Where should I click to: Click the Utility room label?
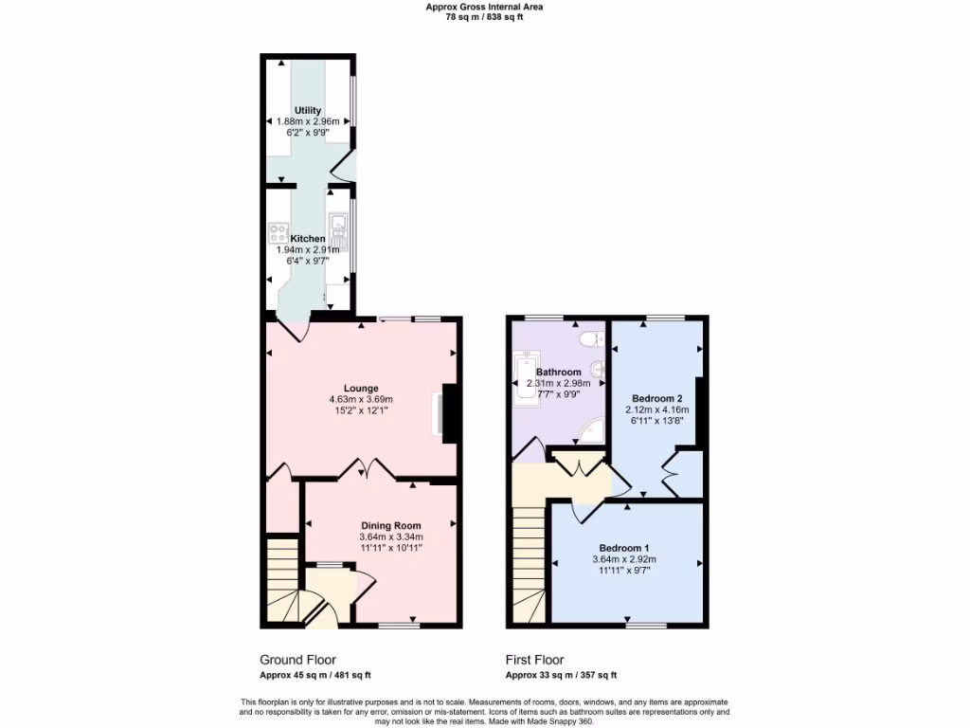pyautogui.click(x=308, y=111)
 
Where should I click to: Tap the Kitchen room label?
pyautogui.click(x=308, y=239)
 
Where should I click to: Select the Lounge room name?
pyautogui.click(x=361, y=388)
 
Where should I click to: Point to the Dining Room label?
pyautogui.click(x=390, y=525)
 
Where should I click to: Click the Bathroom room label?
pyautogui.click(x=558, y=372)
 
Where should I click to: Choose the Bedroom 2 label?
pyautogui.click(x=656, y=398)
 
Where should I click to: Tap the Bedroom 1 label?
pyautogui.click(x=623, y=548)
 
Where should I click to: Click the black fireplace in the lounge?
pyautogui.click(x=451, y=413)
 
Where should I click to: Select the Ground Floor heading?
pyautogui.click(x=297, y=660)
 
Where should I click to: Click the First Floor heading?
pyautogui.click(x=534, y=660)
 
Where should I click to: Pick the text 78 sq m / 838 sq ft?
pyautogui.click(x=484, y=17)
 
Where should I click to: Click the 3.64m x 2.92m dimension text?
pyautogui.click(x=623, y=559)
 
